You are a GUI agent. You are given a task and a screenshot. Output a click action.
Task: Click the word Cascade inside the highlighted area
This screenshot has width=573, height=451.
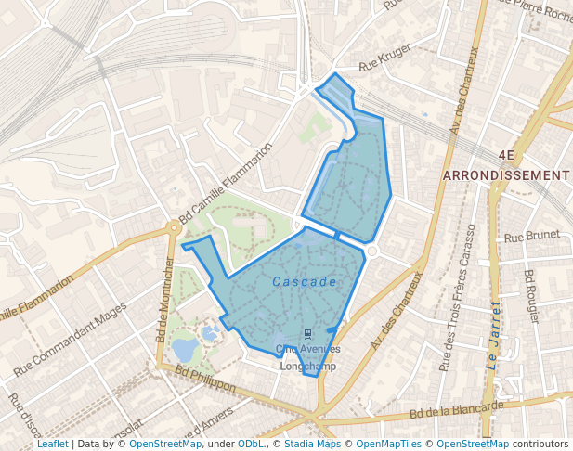tap(304, 281)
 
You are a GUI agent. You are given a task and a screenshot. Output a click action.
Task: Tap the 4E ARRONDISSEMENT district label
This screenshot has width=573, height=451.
tap(506, 166)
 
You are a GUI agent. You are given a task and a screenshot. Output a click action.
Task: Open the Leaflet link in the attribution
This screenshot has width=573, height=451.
tap(52, 444)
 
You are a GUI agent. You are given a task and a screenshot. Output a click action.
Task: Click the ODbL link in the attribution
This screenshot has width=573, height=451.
tap(251, 444)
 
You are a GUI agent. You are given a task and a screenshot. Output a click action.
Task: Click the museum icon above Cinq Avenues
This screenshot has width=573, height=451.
tap(307, 333)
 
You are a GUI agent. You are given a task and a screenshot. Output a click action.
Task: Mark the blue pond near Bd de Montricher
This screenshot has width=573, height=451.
tap(185, 349)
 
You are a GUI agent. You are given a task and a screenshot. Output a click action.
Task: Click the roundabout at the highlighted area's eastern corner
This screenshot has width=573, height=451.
tap(371, 251)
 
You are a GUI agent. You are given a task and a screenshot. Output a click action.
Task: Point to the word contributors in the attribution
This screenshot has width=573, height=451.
tap(540, 444)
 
